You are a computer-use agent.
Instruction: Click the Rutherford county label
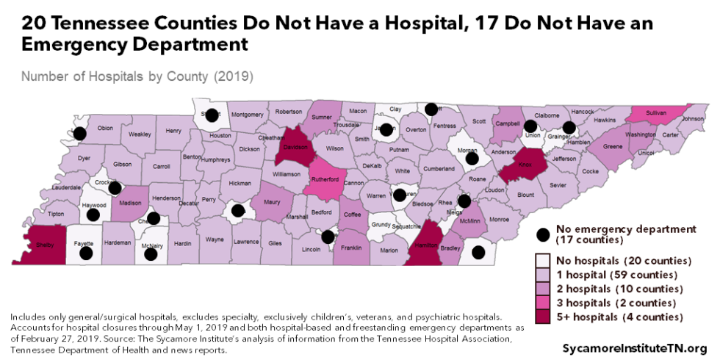323,179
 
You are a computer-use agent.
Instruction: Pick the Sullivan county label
656,113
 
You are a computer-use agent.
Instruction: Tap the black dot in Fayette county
86,253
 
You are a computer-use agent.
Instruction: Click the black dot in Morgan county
472,158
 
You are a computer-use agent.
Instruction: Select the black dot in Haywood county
93,215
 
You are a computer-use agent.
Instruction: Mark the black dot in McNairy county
151,254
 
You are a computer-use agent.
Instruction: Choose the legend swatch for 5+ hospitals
543,317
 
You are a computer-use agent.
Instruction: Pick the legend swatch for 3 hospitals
543,303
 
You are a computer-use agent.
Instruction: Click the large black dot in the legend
543,234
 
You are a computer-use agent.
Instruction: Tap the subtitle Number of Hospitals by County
137,76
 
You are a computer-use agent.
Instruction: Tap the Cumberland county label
438,168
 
